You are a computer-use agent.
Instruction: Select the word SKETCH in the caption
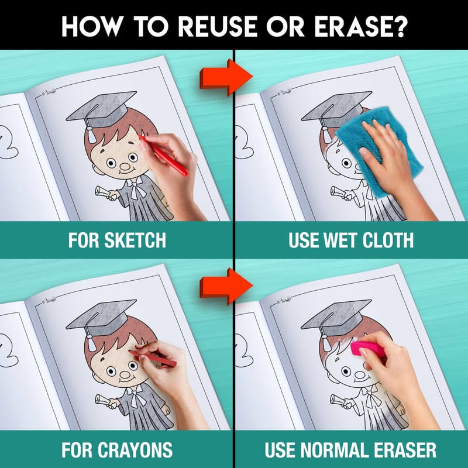pos(135,240)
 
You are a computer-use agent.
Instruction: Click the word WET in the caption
pos(340,240)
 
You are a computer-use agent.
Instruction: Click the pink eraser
pos(368,349)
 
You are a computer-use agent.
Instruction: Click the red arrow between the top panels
pos(226,77)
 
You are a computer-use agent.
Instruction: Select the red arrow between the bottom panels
pos(226,287)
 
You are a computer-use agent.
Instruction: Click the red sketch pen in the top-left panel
pos(163,156)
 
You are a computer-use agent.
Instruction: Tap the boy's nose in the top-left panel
pos(125,166)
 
